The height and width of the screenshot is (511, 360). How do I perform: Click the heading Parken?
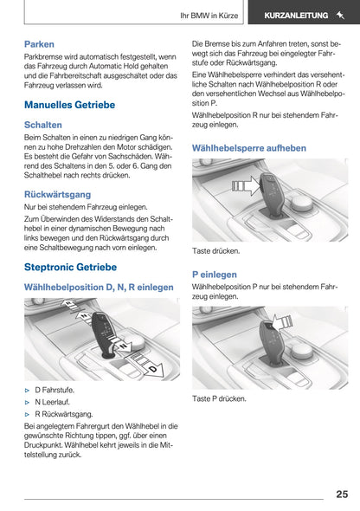tap(39, 43)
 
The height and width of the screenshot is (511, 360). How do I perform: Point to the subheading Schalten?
tap(43, 125)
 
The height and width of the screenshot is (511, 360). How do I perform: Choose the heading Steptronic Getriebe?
tap(71, 267)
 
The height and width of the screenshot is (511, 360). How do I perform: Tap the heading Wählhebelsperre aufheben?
tap(248, 148)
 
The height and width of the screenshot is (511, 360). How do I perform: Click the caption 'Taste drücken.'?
tap(215, 251)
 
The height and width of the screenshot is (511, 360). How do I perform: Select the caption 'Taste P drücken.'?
tap(219, 399)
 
